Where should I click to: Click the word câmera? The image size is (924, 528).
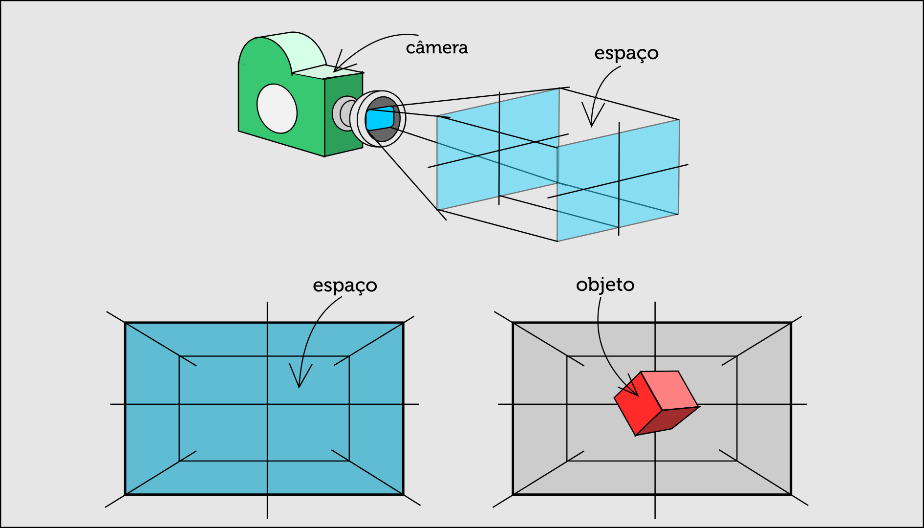coord(437,48)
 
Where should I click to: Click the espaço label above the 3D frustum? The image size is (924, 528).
coord(626,53)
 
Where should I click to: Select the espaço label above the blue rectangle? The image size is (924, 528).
coord(344,286)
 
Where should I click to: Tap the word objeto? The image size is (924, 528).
coord(605,285)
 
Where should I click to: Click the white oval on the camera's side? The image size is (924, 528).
coord(277,109)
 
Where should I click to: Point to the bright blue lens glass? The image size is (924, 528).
coord(379,118)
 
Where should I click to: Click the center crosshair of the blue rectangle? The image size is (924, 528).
coord(267,404)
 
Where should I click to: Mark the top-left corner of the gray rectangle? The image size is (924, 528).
coord(513,323)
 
